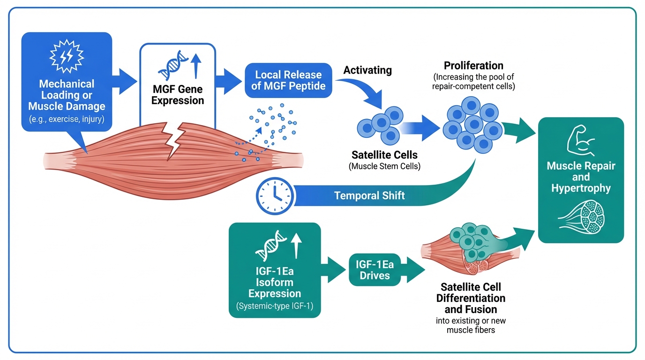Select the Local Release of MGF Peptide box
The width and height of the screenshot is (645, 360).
(288, 81)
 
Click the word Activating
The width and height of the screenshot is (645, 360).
(367, 71)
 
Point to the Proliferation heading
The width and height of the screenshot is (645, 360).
(473, 66)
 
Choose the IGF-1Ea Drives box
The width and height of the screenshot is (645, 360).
(375, 270)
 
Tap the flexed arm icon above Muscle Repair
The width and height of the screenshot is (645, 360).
(580, 141)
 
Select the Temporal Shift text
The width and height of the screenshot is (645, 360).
(369, 195)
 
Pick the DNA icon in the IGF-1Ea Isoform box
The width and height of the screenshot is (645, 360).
(269, 247)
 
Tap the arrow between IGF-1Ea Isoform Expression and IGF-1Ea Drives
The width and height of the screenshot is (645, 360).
(335, 270)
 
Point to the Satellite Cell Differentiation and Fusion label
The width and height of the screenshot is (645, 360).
(471, 298)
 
